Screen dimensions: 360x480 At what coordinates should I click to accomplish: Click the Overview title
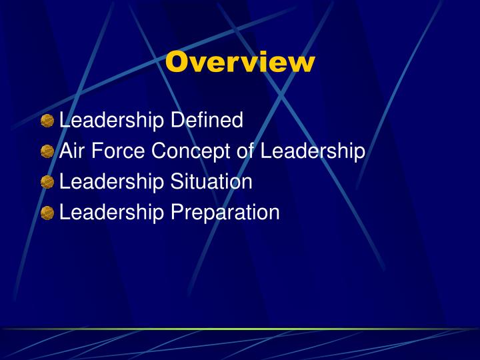240,62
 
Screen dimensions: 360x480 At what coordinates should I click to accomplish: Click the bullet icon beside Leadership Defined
47,121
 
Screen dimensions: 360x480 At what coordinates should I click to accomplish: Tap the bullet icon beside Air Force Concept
47,152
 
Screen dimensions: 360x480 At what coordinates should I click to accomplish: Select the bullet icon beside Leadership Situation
47,183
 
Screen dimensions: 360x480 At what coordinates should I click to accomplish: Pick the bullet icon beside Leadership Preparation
47,213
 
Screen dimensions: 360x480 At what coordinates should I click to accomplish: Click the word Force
117,151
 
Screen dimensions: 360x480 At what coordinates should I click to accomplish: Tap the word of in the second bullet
245,151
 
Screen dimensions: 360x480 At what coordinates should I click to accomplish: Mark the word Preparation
225,213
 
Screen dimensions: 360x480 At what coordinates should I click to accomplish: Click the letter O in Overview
178,62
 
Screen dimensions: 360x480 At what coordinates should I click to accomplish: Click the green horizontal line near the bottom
240,329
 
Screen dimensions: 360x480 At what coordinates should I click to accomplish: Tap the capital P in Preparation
177,212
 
